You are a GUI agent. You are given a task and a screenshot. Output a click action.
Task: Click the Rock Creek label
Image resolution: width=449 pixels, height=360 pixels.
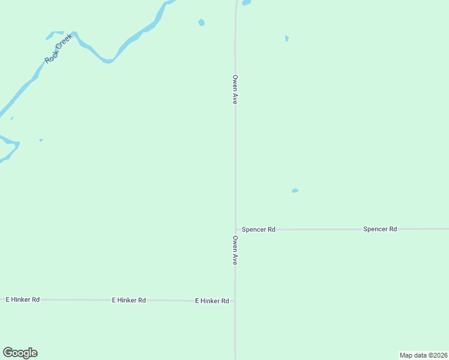coord(58,49)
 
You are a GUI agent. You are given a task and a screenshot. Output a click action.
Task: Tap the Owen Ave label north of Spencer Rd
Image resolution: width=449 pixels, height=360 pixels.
coord(235,90)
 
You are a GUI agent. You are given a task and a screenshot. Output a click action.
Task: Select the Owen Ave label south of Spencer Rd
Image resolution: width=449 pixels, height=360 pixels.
coord(235,250)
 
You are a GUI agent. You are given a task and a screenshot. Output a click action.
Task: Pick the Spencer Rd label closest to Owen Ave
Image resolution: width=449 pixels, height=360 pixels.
coord(259,230)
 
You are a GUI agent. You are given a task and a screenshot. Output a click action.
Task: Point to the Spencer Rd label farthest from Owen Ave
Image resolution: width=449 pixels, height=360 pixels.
coord(380,229)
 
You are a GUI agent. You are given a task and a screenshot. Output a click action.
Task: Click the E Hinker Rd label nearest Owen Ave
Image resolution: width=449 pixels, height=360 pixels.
coord(212,301)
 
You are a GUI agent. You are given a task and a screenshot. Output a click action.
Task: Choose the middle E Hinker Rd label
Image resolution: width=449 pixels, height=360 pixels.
coord(129,300)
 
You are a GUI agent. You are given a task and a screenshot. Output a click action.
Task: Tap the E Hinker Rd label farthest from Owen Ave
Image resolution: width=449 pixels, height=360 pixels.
coord(23,299)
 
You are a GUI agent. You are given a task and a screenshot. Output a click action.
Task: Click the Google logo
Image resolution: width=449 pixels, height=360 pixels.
coord(20,353)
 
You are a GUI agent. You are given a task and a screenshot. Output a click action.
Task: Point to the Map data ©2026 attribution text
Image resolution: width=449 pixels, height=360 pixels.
coord(423,355)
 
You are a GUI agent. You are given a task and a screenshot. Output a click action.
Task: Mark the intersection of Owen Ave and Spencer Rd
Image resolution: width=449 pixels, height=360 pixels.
coord(235,229)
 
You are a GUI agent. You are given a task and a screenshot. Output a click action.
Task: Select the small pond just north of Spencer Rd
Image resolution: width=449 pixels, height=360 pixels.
coord(295,191)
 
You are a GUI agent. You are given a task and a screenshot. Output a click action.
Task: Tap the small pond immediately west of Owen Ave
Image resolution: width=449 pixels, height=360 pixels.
coord(202,23)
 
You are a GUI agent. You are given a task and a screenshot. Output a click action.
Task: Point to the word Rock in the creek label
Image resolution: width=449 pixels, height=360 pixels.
coord(50,57)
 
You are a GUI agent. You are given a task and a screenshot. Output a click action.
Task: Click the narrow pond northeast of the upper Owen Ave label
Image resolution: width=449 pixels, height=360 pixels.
coord(287,38)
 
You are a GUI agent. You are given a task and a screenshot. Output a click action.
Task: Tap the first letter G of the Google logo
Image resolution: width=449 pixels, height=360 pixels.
coord(8,353)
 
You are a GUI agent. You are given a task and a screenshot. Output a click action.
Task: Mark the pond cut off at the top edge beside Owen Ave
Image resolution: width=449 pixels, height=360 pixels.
coord(246,2)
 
